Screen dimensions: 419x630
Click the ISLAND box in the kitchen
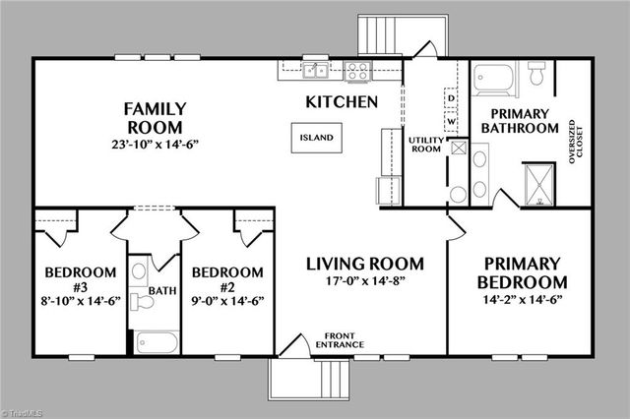tap(317, 138)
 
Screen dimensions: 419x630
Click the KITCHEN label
tap(342, 101)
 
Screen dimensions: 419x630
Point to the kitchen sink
tap(315, 70)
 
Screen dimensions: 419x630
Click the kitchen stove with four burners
tap(358, 71)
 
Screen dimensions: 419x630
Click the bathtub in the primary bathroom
tap(491, 75)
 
